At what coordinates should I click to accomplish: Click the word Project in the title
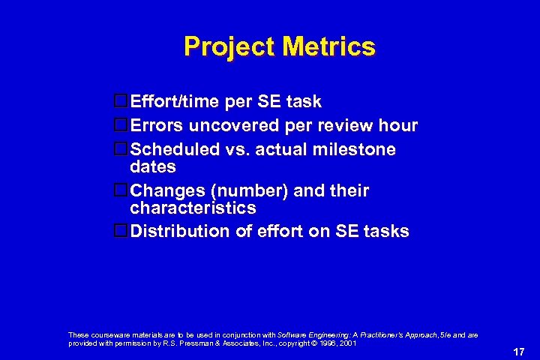pyautogui.click(x=229, y=47)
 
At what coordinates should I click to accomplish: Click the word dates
pyautogui.click(x=153, y=166)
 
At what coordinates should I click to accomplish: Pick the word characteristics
pyautogui.click(x=193, y=208)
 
